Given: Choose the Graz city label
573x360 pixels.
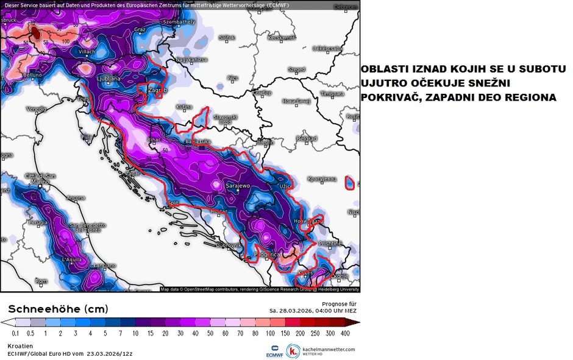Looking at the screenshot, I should pyautogui.click(x=140, y=29).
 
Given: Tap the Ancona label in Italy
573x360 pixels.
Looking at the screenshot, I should pyautogui.click(x=76, y=198).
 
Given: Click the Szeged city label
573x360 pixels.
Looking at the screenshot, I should pyautogui.click(x=296, y=69).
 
